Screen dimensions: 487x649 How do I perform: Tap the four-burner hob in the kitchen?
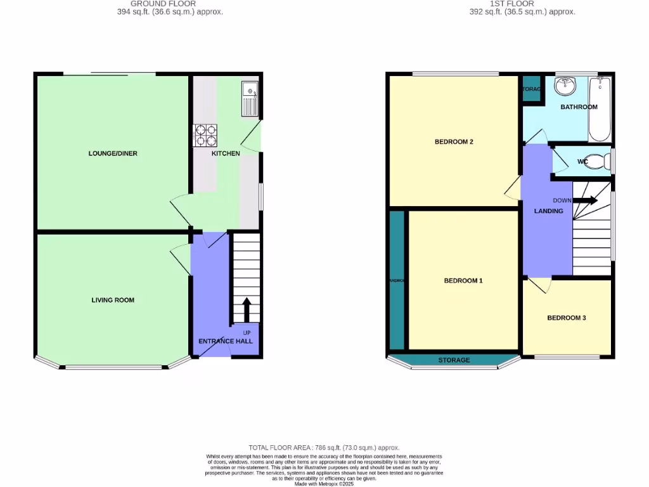tap(205, 134)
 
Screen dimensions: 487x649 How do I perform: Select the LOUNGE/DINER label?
tap(113, 153)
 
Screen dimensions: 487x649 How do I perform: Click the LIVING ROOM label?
tap(113, 300)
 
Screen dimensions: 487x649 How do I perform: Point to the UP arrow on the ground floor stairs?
tap(247, 311)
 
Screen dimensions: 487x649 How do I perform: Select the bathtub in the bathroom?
tap(600, 108)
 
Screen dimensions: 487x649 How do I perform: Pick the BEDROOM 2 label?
tap(454, 142)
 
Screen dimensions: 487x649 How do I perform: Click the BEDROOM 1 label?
tap(463, 280)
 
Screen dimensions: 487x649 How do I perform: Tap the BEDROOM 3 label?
tap(567, 318)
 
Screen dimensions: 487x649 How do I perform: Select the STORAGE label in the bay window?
tap(454, 360)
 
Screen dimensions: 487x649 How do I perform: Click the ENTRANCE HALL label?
tap(226, 341)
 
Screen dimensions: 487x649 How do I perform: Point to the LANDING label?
tap(548, 211)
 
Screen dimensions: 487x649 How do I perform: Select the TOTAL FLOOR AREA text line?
tap(324, 448)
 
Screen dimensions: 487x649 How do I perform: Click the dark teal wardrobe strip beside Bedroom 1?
tap(397, 280)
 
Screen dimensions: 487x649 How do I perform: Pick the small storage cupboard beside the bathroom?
tap(531, 89)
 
